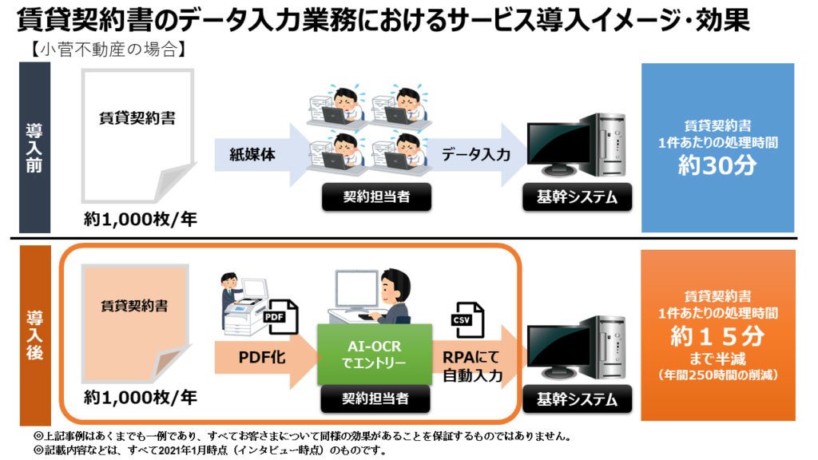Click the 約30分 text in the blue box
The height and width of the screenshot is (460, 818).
(x=717, y=166)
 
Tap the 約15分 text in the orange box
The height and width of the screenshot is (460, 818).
(x=717, y=336)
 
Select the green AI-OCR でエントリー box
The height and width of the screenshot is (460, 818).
(x=375, y=354)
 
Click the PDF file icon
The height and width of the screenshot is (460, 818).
(x=282, y=316)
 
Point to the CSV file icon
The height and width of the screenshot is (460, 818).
(x=467, y=319)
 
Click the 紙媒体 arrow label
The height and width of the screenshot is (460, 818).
(x=252, y=154)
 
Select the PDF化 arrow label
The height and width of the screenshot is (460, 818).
(x=262, y=357)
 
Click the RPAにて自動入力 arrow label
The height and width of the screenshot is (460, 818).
(x=472, y=366)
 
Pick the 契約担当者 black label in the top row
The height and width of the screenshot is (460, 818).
(x=377, y=197)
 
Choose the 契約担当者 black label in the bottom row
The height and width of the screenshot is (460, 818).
(x=375, y=399)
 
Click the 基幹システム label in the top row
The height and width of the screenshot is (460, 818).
(x=577, y=197)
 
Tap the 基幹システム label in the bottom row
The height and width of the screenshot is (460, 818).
(x=577, y=399)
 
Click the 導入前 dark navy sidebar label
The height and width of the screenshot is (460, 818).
(x=34, y=148)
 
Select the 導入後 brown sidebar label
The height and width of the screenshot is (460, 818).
(x=35, y=335)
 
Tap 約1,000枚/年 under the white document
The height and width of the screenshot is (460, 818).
(x=141, y=220)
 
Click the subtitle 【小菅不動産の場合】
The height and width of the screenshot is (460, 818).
(x=108, y=50)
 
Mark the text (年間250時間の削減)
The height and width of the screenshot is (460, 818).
(x=717, y=375)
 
